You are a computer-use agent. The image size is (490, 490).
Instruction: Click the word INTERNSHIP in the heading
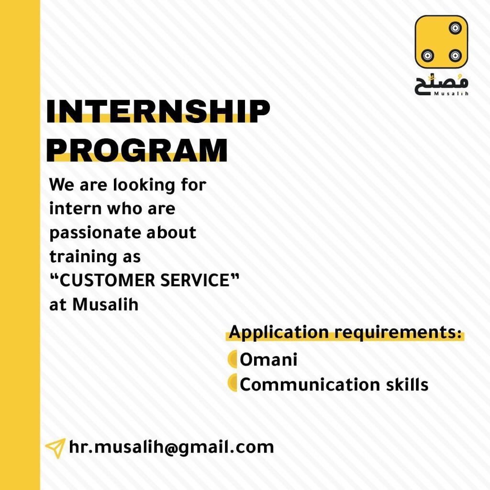pos(158,111)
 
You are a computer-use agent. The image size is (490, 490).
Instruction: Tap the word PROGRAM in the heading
pos(137,150)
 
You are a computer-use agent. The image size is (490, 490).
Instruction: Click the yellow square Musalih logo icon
pos(441,42)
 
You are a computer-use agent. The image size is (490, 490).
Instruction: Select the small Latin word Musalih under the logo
pos(451,93)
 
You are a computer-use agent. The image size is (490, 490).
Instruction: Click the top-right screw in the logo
pos(455,28)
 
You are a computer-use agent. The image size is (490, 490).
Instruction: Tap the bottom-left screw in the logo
pos(427,56)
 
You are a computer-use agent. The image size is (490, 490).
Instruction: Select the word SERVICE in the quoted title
pos(195,280)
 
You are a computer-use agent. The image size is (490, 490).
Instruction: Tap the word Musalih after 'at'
pos(105,304)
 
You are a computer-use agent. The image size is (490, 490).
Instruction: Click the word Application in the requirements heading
pos(279,332)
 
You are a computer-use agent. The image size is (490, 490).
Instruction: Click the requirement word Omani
pos(268,359)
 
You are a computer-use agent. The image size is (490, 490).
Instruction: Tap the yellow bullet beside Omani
pos(232,359)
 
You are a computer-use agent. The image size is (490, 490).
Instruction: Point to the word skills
pos(407,384)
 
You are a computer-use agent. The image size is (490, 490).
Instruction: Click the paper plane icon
pos(56,448)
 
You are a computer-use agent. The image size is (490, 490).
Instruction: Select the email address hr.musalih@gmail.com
pos(171,447)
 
